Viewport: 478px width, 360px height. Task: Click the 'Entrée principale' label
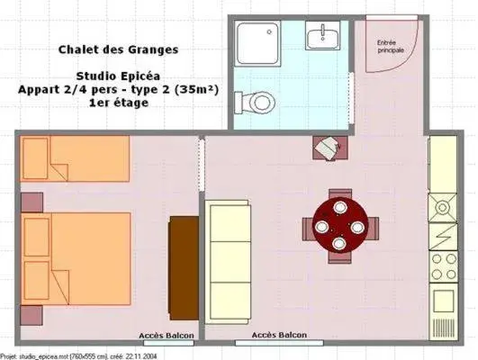click(x=390, y=45)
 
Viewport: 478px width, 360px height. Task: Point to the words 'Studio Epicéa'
click(x=113, y=76)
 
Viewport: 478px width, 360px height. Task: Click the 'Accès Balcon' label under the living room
click(x=278, y=336)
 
